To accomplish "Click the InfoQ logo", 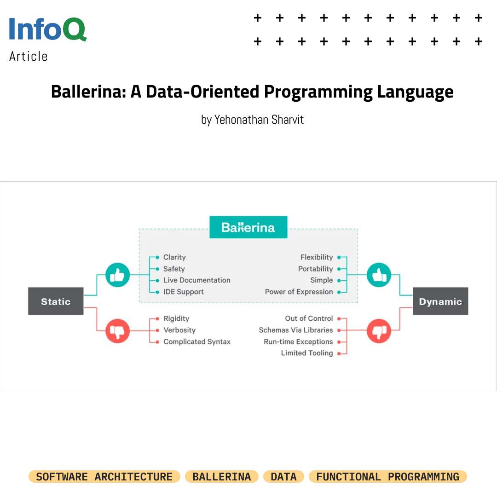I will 48,29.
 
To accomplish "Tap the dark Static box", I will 56,301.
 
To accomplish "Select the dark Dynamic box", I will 440,301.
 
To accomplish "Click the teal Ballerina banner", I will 248,227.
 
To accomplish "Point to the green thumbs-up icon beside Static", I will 117,275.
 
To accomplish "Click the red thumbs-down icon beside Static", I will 117,330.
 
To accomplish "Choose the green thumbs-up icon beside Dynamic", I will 379,275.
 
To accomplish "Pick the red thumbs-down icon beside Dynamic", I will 379,330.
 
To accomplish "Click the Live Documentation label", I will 196,280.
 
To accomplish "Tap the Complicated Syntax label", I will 196,341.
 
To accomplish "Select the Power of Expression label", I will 299,292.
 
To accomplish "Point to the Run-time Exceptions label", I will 298,341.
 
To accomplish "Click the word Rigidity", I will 176,318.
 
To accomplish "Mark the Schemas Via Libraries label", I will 295,330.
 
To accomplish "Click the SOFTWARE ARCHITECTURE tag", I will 104,477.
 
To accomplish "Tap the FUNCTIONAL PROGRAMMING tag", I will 387,477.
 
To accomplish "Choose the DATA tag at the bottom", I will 283,477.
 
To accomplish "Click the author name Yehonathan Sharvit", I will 259,120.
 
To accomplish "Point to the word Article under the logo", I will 29,57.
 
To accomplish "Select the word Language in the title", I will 415,92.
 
